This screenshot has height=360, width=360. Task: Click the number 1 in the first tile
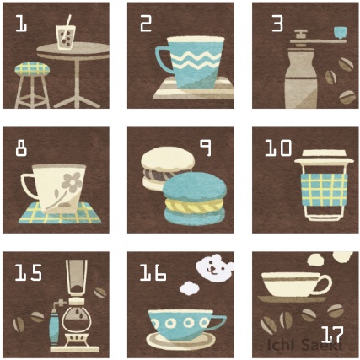tap(21, 23)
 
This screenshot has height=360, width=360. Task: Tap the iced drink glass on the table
tap(66, 37)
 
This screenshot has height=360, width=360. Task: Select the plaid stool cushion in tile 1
tap(32, 69)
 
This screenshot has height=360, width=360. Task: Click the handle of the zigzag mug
tap(163, 60)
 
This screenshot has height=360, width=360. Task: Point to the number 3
tap(277, 23)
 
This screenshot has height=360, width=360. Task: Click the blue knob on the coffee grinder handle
tap(341, 33)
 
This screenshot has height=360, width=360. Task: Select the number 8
tap(21, 148)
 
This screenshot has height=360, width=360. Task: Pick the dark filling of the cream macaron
tap(159, 175)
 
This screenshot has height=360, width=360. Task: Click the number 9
tap(206, 148)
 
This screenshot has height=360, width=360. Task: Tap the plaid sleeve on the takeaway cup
tap(324, 190)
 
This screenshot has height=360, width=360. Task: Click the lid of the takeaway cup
tap(324, 157)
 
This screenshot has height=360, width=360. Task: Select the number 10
tap(279, 148)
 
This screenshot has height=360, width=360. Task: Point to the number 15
tap(29, 272)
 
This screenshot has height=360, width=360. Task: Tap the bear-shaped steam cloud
tap(215, 268)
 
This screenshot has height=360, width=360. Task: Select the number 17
tap(332, 335)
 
